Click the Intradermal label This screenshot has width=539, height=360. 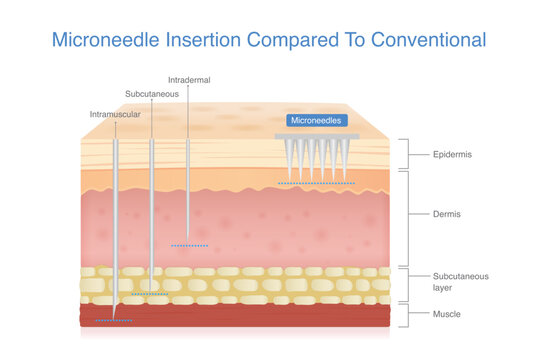click(189, 79)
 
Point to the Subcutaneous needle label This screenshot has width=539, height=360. click(152, 93)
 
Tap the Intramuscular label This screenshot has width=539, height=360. click(116, 114)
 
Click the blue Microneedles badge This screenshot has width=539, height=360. click(316, 120)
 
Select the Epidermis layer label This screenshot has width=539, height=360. click(451, 155)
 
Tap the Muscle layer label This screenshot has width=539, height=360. click(445, 314)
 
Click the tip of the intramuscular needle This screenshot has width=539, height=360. click(115, 319)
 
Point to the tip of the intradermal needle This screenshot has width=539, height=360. click(188, 238)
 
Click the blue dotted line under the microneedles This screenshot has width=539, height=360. click(316, 184)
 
